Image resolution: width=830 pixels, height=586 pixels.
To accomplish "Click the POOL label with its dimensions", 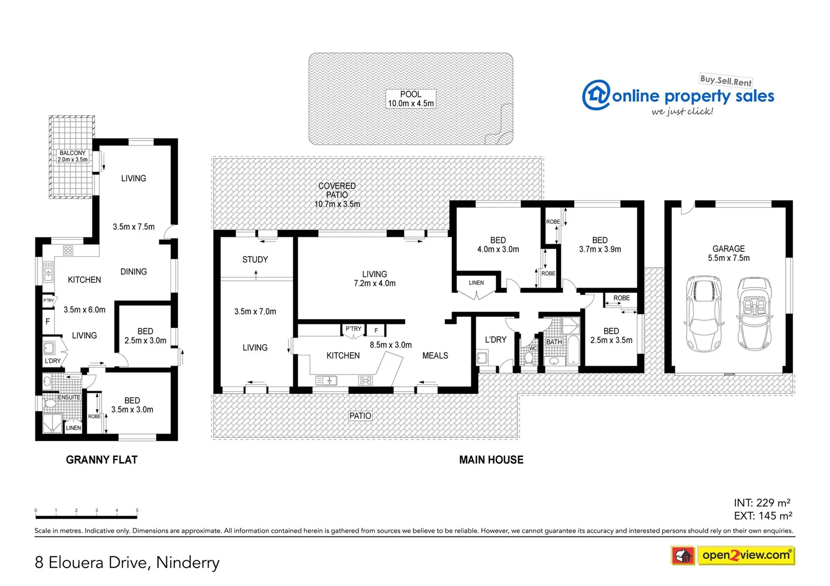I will click(411, 99).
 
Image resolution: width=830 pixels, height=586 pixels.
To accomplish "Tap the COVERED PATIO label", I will click(337, 195).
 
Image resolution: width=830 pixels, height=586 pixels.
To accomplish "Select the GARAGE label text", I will click(728, 253).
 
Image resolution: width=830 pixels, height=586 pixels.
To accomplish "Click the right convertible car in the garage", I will click(754, 314).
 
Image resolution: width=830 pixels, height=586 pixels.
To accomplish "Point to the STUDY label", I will click(255, 259).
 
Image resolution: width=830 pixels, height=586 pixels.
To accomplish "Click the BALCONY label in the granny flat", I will click(72, 156).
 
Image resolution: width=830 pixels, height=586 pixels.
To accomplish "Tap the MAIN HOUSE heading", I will click(491, 460).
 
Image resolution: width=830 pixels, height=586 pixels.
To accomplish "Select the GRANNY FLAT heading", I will click(102, 460).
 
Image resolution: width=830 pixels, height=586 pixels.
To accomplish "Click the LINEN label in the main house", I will click(476, 283).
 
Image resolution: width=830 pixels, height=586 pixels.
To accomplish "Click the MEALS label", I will click(435, 355).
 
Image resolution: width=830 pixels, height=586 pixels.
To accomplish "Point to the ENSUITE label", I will click(69, 397).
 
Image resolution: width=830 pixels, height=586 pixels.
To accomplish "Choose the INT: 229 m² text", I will click(762, 502).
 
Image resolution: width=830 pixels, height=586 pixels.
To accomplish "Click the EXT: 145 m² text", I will click(763, 515).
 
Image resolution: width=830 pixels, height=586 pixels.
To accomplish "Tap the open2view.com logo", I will click(745, 555).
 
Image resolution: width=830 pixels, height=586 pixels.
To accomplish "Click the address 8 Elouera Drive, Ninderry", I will click(127, 562).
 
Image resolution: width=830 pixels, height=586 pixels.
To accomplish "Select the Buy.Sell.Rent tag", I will click(725, 80).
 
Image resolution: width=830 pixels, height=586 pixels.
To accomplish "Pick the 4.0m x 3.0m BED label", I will click(498, 245).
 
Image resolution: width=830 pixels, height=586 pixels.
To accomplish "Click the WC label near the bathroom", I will click(532, 348).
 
